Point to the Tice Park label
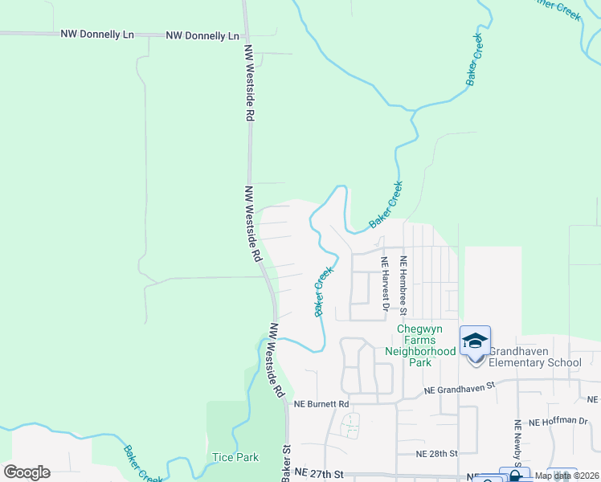pyautogui.click(x=235, y=457)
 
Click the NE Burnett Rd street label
pyautogui.click(x=321, y=403)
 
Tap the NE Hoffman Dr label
pyautogui.click(x=558, y=420)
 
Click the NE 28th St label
pyautogui.click(x=437, y=453)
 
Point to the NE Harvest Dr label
pyautogui.click(x=385, y=284)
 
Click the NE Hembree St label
pyautogui.click(x=404, y=285)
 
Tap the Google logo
pyautogui.click(x=27, y=472)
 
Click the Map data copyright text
pyautogui.click(x=566, y=476)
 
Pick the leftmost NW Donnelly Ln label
pyautogui.click(x=97, y=35)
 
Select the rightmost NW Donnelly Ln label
pyautogui.click(x=202, y=36)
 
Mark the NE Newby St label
pyautogui.click(x=518, y=443)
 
